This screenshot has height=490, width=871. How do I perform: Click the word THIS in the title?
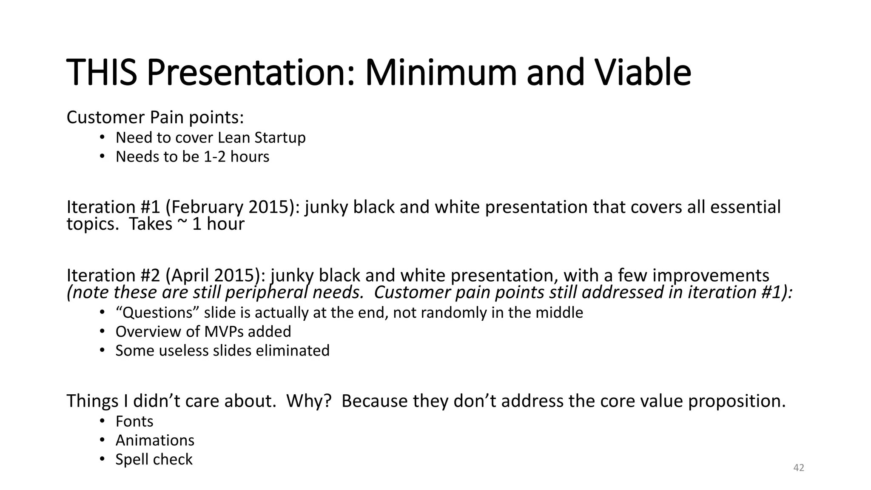point(102,72)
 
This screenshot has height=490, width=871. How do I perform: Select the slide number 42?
point(799,468)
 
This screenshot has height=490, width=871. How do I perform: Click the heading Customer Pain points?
point(155,117)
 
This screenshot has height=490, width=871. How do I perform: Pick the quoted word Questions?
point(157,313)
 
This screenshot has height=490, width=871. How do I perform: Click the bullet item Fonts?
point(134,422)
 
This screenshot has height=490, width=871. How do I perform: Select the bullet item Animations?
point(155,441)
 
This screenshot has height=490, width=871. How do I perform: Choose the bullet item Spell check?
point(154,459)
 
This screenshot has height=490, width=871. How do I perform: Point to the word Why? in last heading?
point(309,401)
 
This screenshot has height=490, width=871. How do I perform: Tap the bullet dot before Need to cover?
point(102,137)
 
